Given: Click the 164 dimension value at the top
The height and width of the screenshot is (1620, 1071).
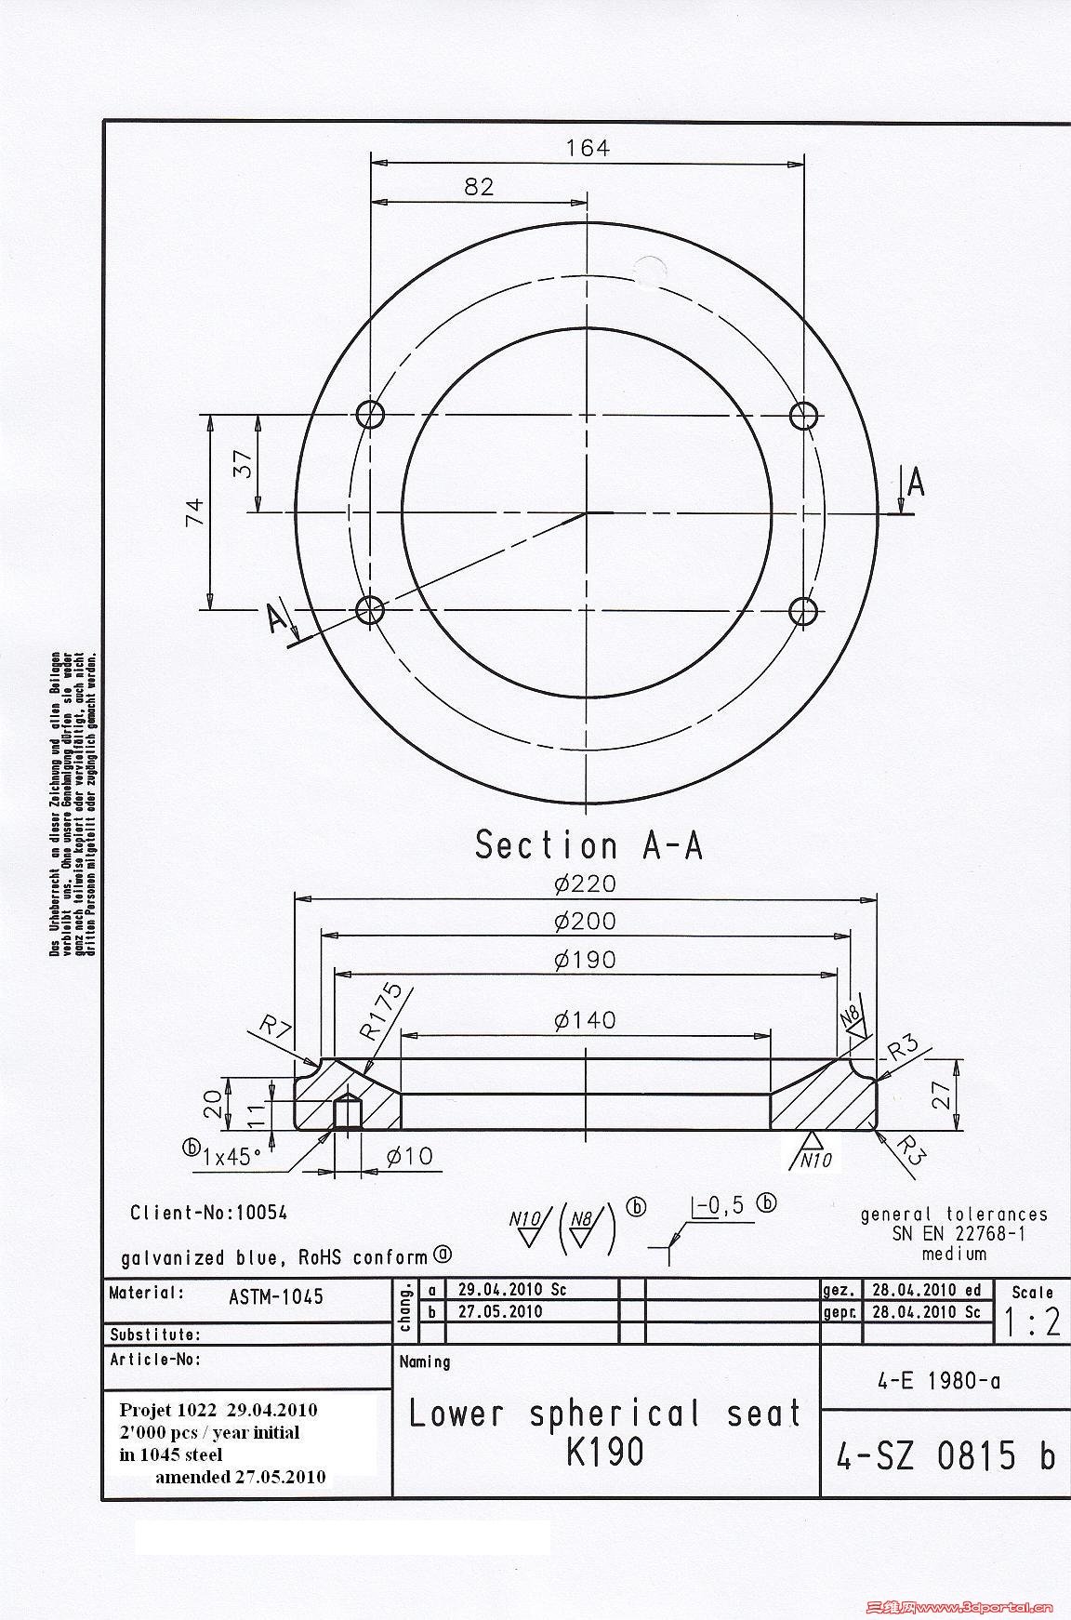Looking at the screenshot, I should [588, 148].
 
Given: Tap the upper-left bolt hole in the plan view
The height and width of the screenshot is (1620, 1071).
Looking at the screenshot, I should [371, 414].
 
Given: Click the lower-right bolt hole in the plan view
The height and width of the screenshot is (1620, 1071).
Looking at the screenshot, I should [803, 611].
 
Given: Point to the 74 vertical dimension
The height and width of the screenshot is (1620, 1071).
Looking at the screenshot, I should [194, 512].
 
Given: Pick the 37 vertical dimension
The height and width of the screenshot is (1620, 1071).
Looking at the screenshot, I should [244, 463].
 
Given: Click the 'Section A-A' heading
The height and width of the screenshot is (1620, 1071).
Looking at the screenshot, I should [588, 844].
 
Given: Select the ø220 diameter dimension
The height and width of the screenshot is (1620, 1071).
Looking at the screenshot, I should [585, 883].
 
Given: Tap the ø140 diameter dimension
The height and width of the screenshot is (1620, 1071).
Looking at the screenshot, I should [585, 1020].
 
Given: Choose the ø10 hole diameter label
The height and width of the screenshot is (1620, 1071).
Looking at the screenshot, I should [410, 1156].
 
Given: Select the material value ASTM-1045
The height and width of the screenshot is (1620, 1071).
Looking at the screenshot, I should [276, 1296].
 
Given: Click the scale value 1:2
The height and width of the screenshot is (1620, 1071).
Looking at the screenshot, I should [1032, 1322].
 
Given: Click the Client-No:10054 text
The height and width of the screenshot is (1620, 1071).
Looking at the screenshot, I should [209, 1213].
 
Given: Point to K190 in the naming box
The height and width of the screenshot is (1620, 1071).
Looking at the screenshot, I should [604, 1453].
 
